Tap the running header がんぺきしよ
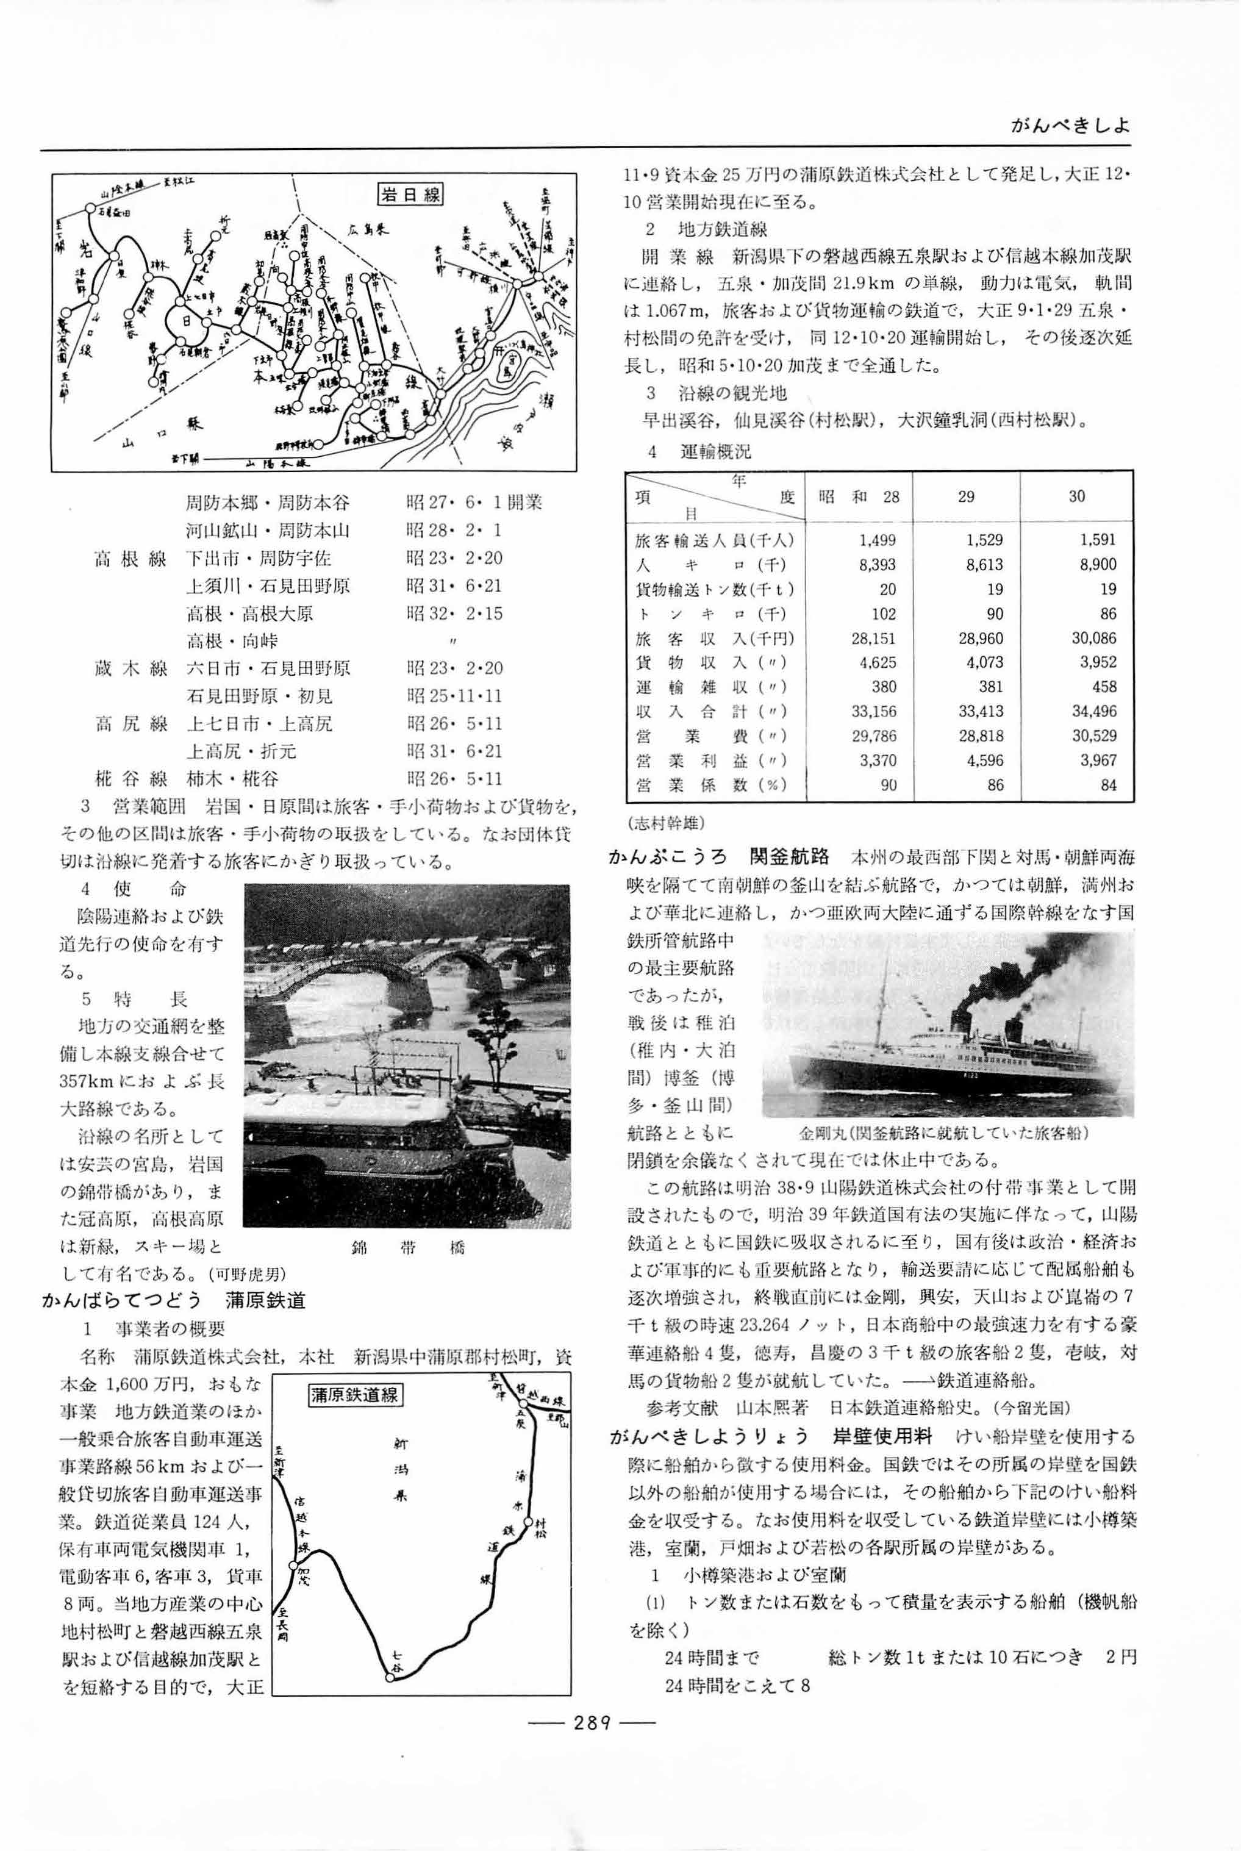point(1070,126)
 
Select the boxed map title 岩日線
point(410,195)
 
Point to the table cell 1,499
point(877,540)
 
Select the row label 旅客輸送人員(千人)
point(715,540)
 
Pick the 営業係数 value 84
point(1108,785)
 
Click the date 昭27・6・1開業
point(474,503)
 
